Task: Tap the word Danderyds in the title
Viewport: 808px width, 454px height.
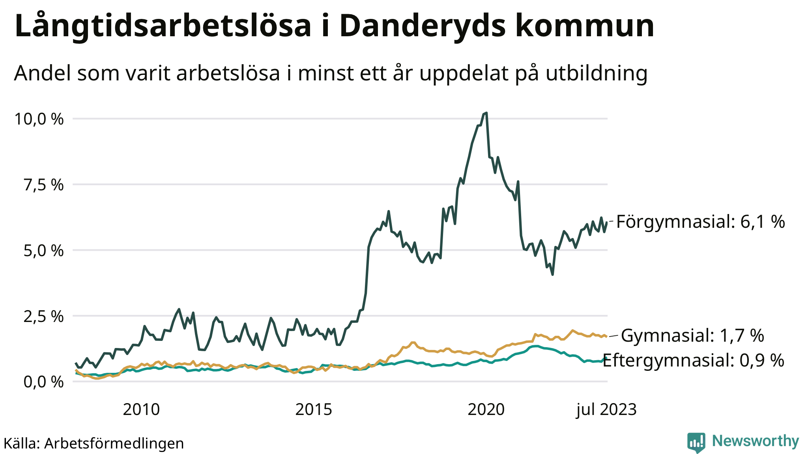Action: [x=422, y=26]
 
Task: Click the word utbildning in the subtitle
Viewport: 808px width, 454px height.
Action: [x=597, y=73]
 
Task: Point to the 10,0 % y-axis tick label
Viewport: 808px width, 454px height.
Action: [x=39, y=119]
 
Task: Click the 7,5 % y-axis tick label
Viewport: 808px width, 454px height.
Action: [x=43, y=184]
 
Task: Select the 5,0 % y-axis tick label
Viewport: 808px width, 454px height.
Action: [x=43, y=250]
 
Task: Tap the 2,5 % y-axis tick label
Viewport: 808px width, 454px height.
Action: [x=43, y=316]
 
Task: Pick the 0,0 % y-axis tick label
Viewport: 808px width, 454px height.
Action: [x=43, y=381]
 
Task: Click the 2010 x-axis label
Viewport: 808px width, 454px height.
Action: [x=141, y=410]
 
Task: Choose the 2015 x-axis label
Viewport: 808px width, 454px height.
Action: [x=314, y=410]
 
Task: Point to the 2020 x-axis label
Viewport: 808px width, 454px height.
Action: [x=486, y=410]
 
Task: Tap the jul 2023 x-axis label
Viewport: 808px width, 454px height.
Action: [x=606, y=410]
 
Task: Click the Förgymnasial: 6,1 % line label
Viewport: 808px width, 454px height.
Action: [x=700, y=222]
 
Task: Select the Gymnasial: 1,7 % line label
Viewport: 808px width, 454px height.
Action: [x=692, y=336]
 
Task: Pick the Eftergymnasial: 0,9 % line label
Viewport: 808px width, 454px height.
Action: [x=693, y=360]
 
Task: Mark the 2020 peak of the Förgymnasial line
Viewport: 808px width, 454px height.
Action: [x=486, y=113]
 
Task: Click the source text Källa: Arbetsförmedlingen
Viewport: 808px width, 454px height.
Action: [x=94, y=443]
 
